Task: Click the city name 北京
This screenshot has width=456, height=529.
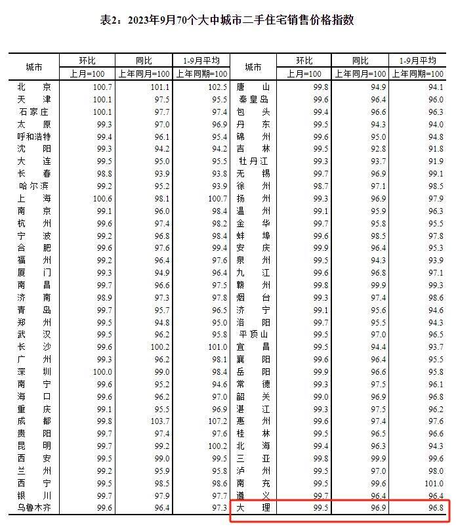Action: [x=33, y=87]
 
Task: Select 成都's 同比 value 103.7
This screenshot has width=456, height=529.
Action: [x=159, y=421]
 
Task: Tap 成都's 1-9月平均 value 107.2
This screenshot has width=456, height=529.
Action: [x=217, y=421]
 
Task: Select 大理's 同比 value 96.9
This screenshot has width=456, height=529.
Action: [x=376, y=508]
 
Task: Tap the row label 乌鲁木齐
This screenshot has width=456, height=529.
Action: [x=33, y=508]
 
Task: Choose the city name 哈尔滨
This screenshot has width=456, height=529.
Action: [x=33, y=186]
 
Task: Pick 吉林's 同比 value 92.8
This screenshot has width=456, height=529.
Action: [x=376, y=148]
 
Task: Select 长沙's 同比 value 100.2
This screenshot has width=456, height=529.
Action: [x=159, y=347]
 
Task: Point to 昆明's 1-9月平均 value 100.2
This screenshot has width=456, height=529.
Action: [x=217, y=446]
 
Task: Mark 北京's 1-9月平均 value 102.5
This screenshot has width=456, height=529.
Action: [x=217, y=87]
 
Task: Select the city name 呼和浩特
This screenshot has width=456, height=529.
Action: [x=33, y=137]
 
